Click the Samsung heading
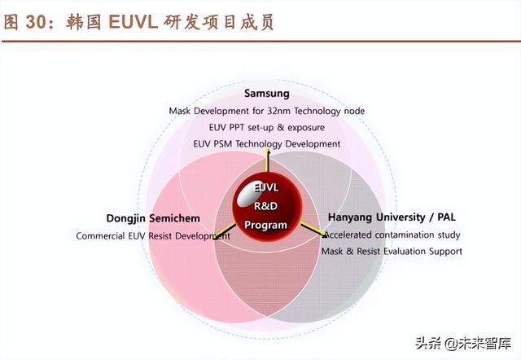pos(267,94)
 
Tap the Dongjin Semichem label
pos(153,218)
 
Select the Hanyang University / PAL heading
pos(392,217)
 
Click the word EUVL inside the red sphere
pos(266,187)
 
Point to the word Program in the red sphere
pos(266,225)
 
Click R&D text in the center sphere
pos(266,206)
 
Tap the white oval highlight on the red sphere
pos(247,194)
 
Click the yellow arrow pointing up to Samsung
pos(267,160)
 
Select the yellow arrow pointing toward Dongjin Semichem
pos(225,231)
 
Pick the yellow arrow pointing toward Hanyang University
pos(313,230)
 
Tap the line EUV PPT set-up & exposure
pos(267,128)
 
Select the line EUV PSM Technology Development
pos(267,144)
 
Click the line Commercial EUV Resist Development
pos(153,236)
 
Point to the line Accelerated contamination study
pos(392,235)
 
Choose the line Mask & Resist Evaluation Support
pos(392,252)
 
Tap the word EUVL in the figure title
pos(133,22)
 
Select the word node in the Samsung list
pos(354,111)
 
